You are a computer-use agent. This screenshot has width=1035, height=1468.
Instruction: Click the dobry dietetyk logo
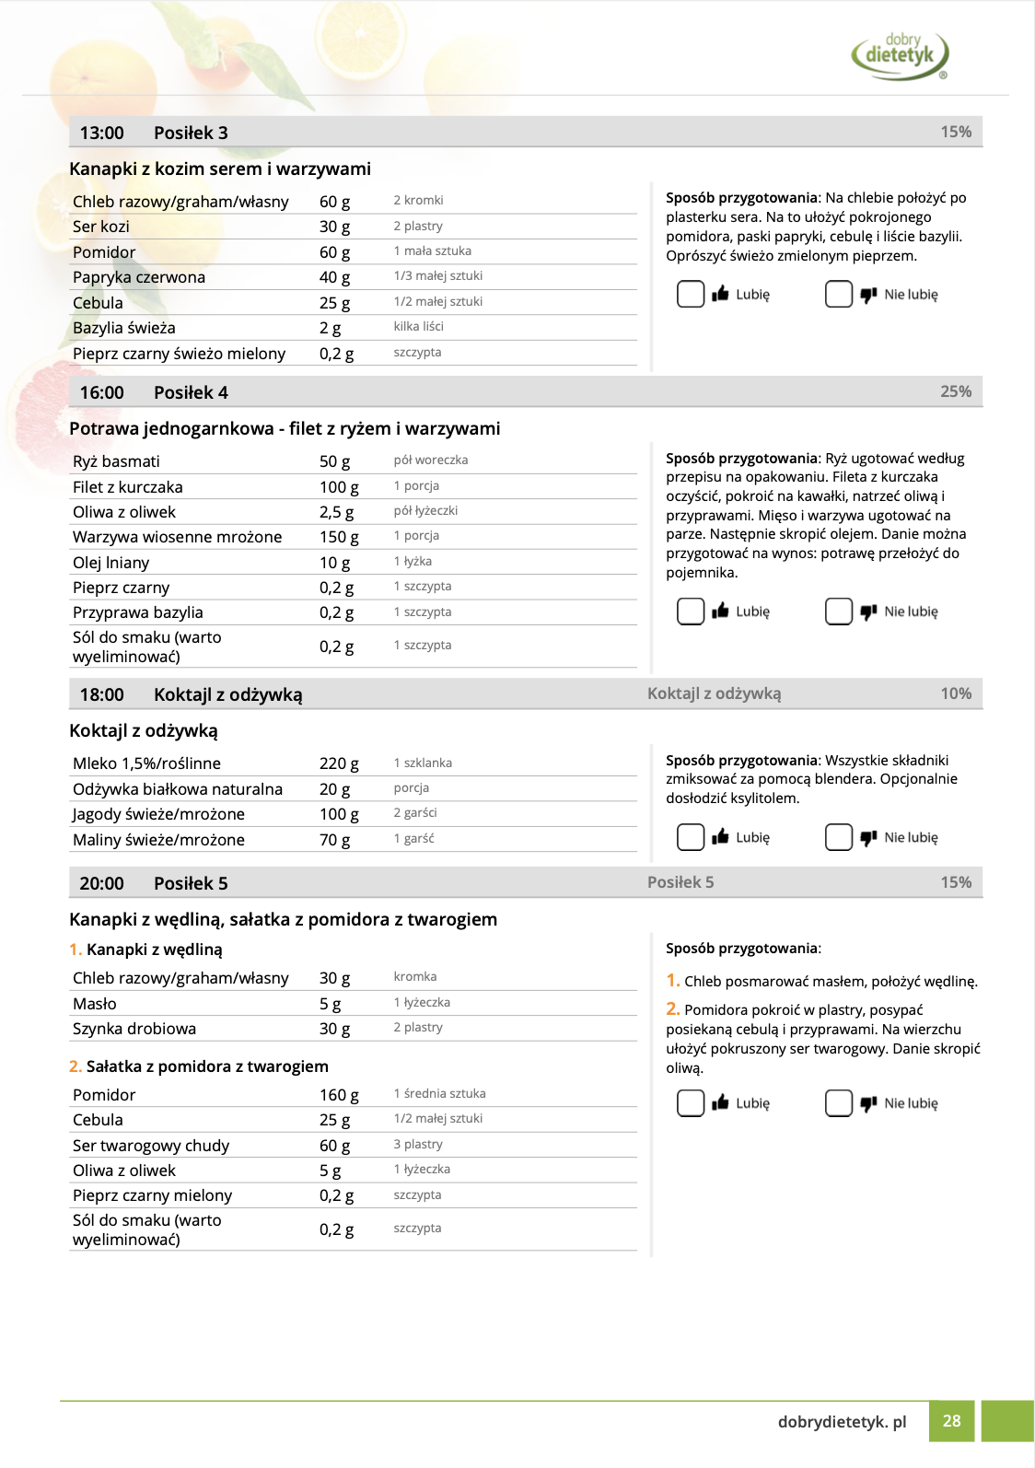[900, 54]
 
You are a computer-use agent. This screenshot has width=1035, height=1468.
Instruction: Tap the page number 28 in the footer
[951, 1421]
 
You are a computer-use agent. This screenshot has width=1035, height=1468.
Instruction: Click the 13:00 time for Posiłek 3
[101, 133]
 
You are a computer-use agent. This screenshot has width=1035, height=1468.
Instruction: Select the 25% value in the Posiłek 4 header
[956, 391]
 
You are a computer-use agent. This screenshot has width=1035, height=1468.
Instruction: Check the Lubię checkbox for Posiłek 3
[691, 294]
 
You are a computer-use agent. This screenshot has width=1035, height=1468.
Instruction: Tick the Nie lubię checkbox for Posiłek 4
[839, 612]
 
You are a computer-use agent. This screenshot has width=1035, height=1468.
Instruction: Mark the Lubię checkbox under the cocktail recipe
[691, 837]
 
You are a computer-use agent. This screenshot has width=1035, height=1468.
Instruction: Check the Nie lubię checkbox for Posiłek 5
[839, 1103]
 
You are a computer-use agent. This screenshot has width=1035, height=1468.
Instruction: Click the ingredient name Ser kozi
[101, 227]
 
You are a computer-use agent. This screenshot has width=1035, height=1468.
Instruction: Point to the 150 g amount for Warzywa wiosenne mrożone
[339, 537]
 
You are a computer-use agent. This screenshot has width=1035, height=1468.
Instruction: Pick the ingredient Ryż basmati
[116, 461]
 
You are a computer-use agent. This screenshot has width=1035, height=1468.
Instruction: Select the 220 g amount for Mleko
[339, 763]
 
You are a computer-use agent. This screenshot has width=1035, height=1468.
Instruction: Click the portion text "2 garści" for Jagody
[415, 813]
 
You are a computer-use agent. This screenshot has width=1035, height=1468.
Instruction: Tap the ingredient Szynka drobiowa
[134, 1029]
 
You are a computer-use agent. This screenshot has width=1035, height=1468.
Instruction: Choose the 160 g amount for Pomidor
[339, 1095]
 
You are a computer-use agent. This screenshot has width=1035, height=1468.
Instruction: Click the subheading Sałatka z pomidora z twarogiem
[207, 1066]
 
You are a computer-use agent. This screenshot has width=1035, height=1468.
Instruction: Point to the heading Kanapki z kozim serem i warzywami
[220, 169]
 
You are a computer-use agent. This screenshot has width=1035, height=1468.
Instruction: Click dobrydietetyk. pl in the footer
[842, 1421]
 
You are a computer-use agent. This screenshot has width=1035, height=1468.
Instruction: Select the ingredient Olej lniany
[110, 563]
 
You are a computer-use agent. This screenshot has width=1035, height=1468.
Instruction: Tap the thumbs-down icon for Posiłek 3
[868, 295]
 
